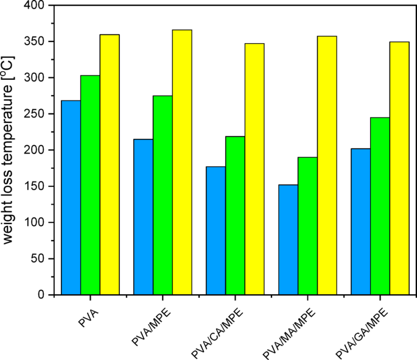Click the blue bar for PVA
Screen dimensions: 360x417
pyautogui.click(x=71, y=197)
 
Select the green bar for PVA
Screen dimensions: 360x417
pyautogui.click(x=90, y=185)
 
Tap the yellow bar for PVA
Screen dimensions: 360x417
pyautogui.click(x=110, y=164)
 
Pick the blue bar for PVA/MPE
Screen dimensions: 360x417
pyautogui.click(x=143, y=217)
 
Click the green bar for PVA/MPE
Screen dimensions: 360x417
pyautogui.click(x=163, y=195)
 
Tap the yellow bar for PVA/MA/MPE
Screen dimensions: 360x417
pyautogui.click(x=327, y=165)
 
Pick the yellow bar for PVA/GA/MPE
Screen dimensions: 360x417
pyautogui.click(x=399, y=168)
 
